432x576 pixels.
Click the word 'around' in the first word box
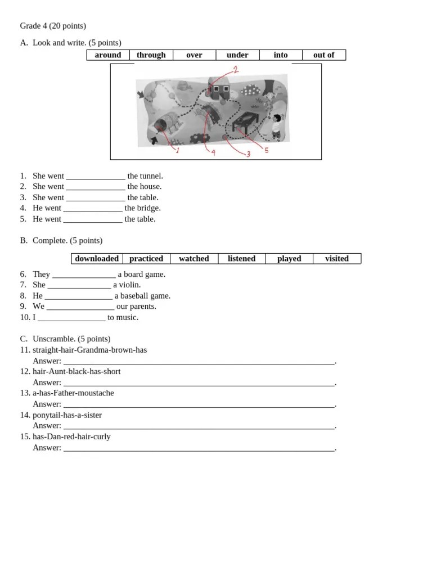coord(108,55)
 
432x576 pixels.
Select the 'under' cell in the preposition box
coord(237,55)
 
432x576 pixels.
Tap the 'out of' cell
coord(323,55)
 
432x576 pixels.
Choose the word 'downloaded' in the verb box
coord(97,259)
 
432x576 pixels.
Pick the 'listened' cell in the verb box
coord(241,259)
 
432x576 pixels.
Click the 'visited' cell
coord(336,259)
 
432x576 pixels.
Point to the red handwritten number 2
coord(235,70)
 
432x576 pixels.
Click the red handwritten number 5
coord(266,150)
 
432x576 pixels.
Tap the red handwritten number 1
coord(177,150)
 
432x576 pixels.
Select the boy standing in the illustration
coord(276,127)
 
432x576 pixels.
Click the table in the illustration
coord(245,120)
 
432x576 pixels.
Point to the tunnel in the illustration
coord(165,125)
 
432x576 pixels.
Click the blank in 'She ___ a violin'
coord(79,285)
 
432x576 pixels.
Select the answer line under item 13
coord(199,404)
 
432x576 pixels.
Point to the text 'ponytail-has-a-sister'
coord(67,415)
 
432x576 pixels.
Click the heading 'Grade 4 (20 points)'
coord(53,26)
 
